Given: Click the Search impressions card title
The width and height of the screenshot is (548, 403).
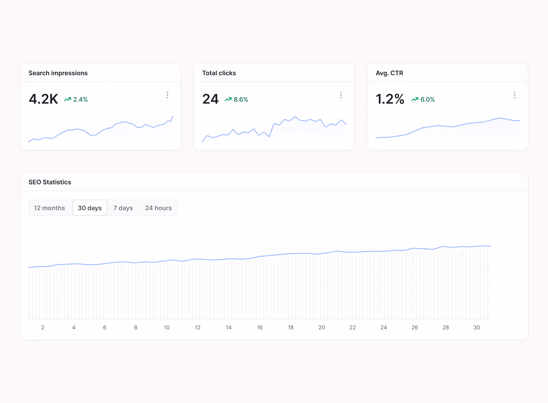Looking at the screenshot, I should [x=58, y=73].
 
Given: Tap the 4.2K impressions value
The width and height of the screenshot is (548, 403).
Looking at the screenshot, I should [x=44, y=99].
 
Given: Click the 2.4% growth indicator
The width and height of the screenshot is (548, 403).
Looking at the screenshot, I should [x=80, y=99].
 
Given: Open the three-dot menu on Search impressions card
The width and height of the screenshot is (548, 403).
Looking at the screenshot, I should [x=168, y=95].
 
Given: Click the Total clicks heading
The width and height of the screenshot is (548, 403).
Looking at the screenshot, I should [x=219, y=73].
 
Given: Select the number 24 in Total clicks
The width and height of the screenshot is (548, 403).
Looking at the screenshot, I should [x=211, y=99].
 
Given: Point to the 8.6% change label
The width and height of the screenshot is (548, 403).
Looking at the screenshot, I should [x=241, y=99].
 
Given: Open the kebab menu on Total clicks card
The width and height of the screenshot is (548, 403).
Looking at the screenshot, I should [x=341, y=95].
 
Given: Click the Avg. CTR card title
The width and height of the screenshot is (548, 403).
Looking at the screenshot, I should [x=390, y=73].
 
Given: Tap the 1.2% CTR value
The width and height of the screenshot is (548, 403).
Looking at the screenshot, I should [x=390, y=99].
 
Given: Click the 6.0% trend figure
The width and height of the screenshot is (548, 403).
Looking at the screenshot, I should [x=427, y=99].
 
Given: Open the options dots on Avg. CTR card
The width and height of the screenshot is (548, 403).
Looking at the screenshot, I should [x=514, y=95].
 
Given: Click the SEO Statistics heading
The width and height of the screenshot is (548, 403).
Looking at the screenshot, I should [x=50, y=182].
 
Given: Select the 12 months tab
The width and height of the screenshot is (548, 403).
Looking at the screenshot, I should [x=49, y=208].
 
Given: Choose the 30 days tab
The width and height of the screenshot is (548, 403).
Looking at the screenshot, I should [x=90, y=208].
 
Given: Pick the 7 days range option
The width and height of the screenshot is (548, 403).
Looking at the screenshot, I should [x=123, y=208].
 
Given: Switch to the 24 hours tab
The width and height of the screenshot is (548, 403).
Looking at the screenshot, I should [x=158, y=208].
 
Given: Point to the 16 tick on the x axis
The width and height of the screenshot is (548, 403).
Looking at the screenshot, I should [x=260, y=327].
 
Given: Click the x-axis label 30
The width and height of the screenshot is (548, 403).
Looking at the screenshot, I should [x=476, y=327].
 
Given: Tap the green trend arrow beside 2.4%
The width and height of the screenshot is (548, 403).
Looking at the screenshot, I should [x=67, y=99].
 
